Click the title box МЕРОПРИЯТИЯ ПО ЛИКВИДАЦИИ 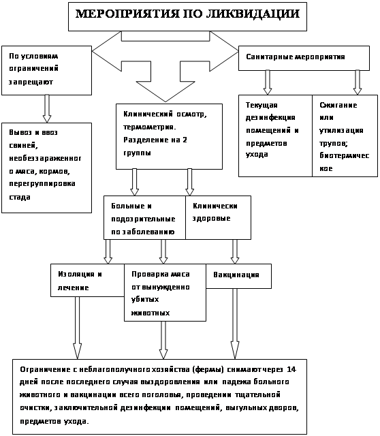click(x=187, y=16)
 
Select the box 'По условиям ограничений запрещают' click(x=47, y=71)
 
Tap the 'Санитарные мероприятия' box click(x=304, y=58)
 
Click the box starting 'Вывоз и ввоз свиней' click(x=47, y=168)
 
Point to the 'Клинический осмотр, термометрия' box click(x=169, y=136)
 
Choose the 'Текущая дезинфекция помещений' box click(x=276, y=136)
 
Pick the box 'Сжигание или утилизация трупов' click(x=345, y=136)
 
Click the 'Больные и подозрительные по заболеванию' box click(x=144, y=217)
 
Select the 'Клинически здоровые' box click(x=218, y=217)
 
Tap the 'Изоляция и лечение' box click(x=87, y=280)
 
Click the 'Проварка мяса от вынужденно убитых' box click(x=165, y=292)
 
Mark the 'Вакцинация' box click(x=238, y=276)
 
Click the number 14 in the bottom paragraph click(x=291, y=369)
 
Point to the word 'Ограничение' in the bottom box click(x=45, y=369)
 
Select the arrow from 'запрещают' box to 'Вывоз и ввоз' click(x=47, y=109)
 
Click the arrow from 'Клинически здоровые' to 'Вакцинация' click(x=235, y=251)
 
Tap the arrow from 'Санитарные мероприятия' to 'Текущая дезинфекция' click(x=268, y=82)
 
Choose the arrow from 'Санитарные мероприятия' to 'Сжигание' click(x=358, y=82)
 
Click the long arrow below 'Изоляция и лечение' click(x=77, y=328)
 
